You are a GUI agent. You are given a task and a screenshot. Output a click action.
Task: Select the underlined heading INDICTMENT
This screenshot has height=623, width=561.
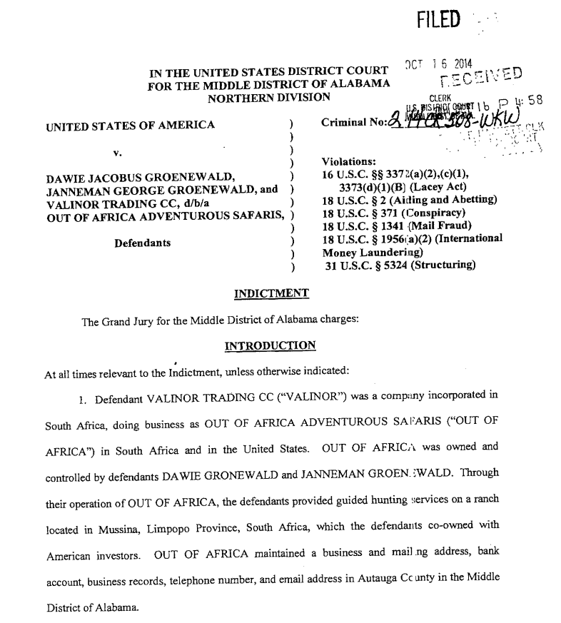[x=271, y=293]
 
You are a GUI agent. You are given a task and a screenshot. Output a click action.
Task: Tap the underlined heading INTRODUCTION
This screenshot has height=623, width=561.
[x=270, y=346]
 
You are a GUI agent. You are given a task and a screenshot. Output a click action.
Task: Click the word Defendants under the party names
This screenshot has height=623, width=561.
[x=143, y=243]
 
